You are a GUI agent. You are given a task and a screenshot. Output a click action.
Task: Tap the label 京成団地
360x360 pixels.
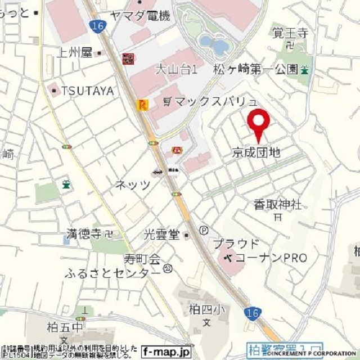pos(255,152)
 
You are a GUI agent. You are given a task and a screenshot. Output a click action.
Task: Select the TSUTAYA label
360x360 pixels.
pos(87,90)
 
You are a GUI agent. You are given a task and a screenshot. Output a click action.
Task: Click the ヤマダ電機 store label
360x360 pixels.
pos(140,16)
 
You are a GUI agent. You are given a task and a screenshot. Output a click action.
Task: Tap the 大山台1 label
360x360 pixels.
pos(176,70)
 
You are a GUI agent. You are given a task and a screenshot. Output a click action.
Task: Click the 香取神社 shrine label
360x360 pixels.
pos(277,203)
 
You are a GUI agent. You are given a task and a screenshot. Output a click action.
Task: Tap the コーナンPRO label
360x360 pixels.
pos(271,258)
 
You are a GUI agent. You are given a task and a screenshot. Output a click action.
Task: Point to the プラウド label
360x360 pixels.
pos(236,244)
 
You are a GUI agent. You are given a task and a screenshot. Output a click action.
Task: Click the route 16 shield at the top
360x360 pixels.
pos(98,26)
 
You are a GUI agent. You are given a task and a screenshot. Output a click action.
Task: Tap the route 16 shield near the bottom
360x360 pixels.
pos(253,313)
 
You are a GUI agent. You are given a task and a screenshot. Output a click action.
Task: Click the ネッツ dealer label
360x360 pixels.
pos(133,184)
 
